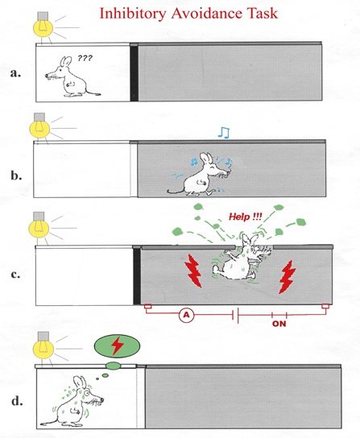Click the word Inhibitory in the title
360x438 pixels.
132,14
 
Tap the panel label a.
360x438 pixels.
15,73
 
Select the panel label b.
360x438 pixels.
16,176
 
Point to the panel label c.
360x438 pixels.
15,275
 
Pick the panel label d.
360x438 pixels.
17,401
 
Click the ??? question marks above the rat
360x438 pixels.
85,58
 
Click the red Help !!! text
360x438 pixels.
246,217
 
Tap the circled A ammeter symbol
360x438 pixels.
186,315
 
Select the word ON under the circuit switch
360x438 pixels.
279,324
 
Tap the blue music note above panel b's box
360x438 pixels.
224,133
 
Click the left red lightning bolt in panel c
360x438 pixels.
194,271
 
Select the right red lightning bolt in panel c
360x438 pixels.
287,277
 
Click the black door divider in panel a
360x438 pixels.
134,73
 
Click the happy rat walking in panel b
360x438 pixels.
200,174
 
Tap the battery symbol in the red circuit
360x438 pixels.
236,315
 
